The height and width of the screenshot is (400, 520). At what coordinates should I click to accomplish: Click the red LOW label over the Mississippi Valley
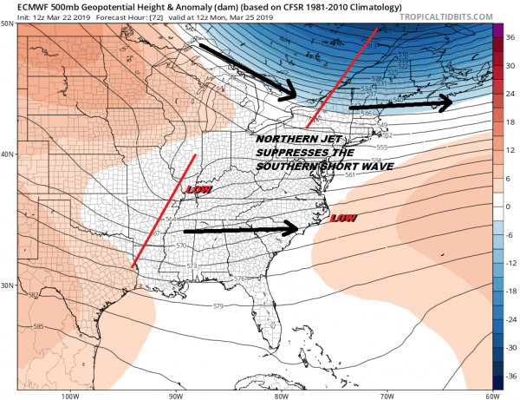(x=198, y=188)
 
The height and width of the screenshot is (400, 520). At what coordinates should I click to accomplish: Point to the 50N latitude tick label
(x=8, y=23)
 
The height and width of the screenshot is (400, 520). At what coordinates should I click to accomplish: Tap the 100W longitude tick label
(x=68, y=396)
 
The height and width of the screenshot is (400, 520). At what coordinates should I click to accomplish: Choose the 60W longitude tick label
(x=492, y=396)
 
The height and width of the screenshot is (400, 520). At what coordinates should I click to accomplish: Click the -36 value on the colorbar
(x=511, y=376)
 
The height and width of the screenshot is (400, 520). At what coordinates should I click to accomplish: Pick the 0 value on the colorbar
(x=510, y=207)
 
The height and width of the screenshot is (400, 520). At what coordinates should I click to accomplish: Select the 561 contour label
(x=351, y=175)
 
